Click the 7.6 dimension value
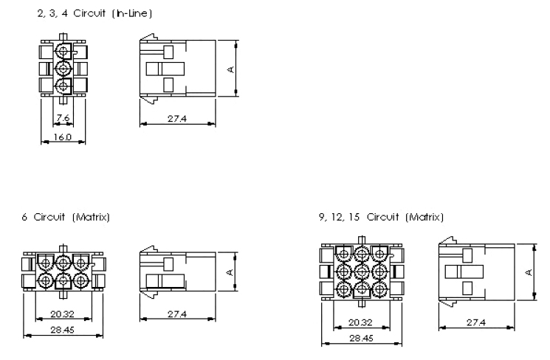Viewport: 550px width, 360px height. [63, 118]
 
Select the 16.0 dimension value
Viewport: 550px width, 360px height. [63, 136]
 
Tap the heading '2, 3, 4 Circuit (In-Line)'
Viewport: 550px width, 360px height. [94, 14]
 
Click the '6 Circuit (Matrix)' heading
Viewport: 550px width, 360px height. [66, 218]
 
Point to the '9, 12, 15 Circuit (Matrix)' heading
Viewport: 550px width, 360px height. [381, 218]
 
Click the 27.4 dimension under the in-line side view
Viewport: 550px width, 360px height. [177, 119]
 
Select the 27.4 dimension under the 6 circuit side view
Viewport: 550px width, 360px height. [177, 314]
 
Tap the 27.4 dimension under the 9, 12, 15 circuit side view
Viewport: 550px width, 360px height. [476, 322]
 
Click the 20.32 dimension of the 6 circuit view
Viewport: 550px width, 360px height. [63, 314]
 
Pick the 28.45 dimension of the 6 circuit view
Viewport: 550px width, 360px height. [63, 330]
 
